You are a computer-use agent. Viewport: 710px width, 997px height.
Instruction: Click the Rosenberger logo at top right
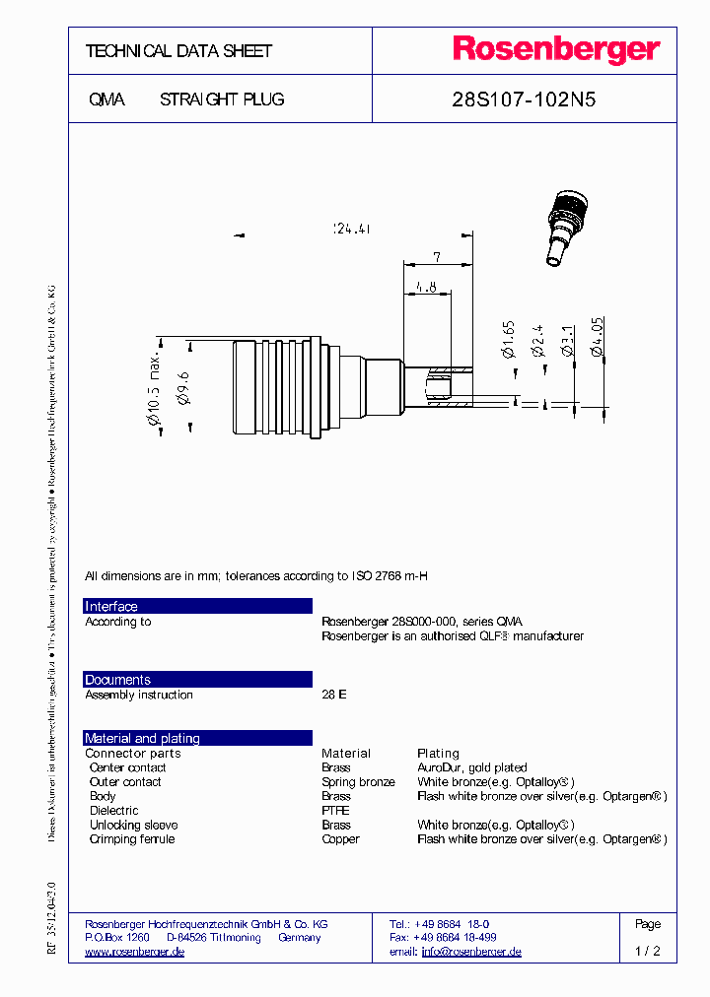pyautogui.click(x=555, y=50)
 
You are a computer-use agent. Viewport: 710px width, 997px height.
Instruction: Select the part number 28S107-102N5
pyautogui.click(x=524, y=100)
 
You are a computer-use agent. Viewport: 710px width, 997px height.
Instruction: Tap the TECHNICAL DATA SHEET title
pyautogui.click(x=178, y=51)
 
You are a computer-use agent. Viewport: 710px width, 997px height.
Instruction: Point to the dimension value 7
pyautogui.click(x=436, y=257)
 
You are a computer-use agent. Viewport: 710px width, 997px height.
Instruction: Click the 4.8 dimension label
pyautogui.click(x=426, y=287)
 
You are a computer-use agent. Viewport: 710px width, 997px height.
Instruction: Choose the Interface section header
pyautogui.click(x=111, y=607)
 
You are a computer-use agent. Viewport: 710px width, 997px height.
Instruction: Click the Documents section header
pyautogui.click(x=117, y=680)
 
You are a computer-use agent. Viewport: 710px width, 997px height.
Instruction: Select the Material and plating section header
pyautogui.click(x=142, y=738)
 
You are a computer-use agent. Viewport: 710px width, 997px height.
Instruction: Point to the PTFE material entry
pyautogui.click(x=335, y=811)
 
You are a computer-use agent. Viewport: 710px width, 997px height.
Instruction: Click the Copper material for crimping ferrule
pyautogui.click(x=340, y=839)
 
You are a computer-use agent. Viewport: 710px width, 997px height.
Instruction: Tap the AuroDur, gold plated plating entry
pyautogui.click(x=471, y=767)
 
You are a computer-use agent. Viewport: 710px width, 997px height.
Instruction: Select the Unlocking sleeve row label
pyautogui.click(x=133, y=825)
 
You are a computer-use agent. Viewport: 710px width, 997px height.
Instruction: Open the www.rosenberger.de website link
pyautogui.click(x=134, y=952)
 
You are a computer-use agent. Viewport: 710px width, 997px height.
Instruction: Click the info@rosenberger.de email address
pyautogui.click(x=471, y=952)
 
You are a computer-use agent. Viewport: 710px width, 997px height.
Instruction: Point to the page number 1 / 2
pyautogui.click(x=647, y=952)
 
